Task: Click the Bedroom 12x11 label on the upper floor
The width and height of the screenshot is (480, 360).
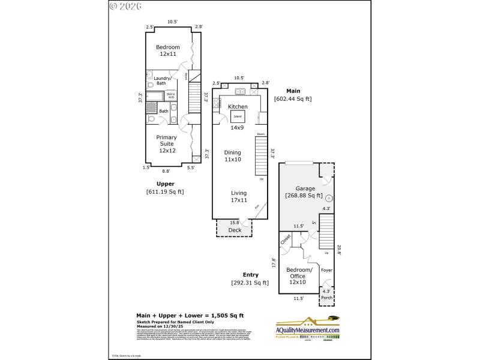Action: (167, 50)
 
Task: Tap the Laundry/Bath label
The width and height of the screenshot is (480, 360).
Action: (163, 80)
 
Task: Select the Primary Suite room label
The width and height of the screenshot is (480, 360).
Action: (167, 144)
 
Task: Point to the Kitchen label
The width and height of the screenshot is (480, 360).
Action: (238, 106)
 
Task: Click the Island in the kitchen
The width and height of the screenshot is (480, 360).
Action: (238, 116)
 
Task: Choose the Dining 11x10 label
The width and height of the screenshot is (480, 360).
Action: (232, 156)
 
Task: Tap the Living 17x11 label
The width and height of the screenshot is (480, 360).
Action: (239, 197)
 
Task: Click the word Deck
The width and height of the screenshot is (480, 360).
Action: (235, 230)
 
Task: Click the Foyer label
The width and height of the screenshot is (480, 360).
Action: (326, 271)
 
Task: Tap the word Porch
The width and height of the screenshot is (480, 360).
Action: (326, 297)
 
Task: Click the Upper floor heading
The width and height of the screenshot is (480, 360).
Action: (165, 184)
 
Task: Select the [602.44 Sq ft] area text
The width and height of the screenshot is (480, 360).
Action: (293, 99)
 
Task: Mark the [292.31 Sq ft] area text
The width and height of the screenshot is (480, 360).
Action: (250, 283)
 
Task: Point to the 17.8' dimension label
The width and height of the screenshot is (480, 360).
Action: (274, 263)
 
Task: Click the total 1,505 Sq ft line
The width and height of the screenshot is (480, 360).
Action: (190, 315)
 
